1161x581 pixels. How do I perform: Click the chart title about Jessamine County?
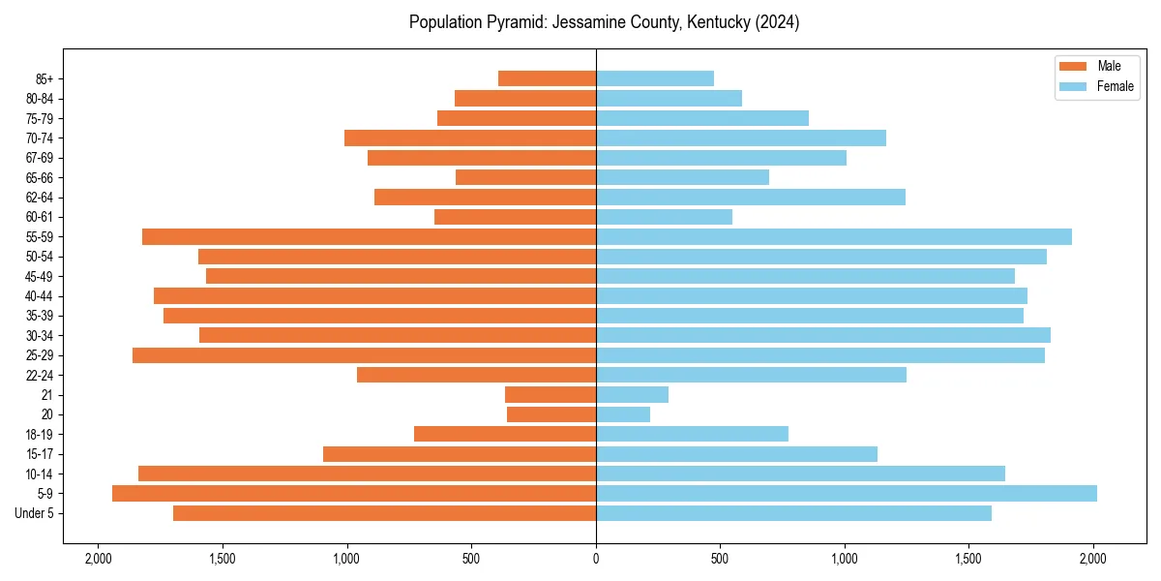[x=604, y=22]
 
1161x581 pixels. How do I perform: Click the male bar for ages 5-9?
[x=354, y=494]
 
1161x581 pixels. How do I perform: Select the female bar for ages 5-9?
[x=846, y=494]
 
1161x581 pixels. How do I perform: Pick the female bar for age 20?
[x=623, y=414]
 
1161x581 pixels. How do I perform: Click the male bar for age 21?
[x=551, y=395]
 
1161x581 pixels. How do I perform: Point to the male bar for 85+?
[x=547, y=78]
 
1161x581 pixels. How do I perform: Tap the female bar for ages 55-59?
[x=833, y=237]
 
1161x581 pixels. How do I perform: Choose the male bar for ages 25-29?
[x=364, y=355]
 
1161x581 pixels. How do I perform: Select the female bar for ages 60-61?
[x=664, y=217]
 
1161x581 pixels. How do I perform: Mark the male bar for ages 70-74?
[x=470, y=138]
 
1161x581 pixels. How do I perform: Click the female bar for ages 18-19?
[x=692, y=434]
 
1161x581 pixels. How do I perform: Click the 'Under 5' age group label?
[x=35, y=513]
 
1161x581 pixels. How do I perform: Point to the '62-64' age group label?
[x=40, y=198]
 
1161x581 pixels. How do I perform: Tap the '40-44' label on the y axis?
[x=40, y=296]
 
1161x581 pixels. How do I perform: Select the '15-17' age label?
[x=40, y=454]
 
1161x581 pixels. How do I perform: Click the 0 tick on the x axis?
[x=596, y=559]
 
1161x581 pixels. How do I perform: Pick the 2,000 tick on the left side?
[x=98, y=559]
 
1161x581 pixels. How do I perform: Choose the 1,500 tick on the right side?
[x=969, y=559]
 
